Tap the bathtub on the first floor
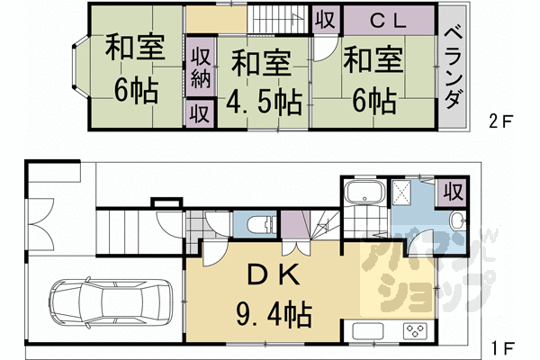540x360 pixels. click(x=364, y=193)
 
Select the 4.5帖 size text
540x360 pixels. click(x=262, y=100)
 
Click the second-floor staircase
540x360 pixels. click(x=277, y=19)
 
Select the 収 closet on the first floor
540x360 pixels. click(x=453, y=192)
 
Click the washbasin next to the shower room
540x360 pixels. click(x=455, y=222)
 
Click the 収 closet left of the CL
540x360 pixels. click(x=322, y=19)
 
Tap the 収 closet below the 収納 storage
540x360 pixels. click(x=200, y=114)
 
